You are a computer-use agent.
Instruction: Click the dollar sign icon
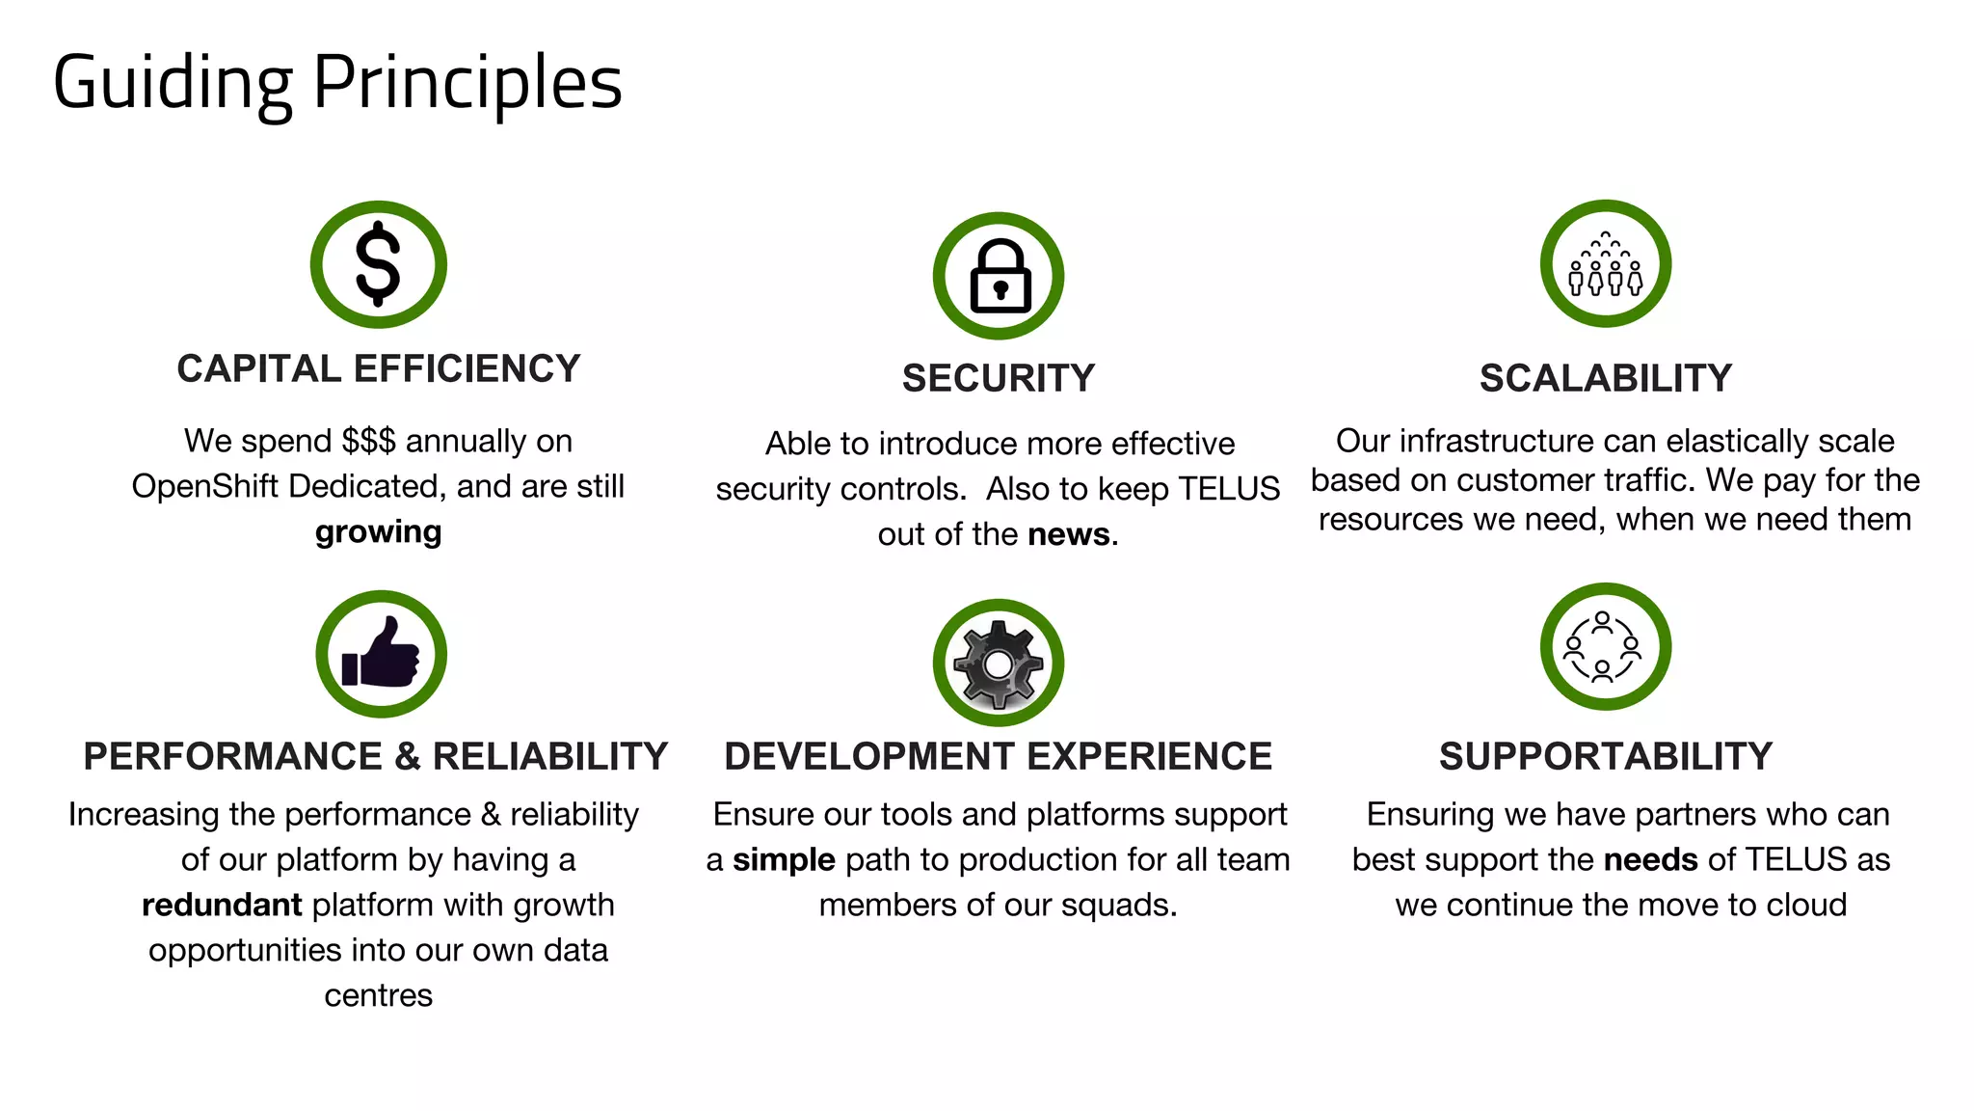point(378,264)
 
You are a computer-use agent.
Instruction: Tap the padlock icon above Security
point(999,277)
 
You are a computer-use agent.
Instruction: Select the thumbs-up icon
point(381,655)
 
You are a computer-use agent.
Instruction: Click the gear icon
point(999,664)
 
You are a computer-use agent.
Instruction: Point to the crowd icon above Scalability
point(1605,264)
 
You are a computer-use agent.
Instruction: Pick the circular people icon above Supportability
point(1605,646)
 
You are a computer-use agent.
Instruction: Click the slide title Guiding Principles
point(337,84)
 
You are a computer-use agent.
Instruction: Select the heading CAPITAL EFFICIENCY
point(379,369)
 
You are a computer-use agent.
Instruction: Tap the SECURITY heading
point(999,378)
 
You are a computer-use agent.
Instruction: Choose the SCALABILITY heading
point(1606,378)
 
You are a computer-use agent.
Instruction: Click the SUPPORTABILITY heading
point(1606,756)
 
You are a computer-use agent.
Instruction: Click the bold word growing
point(379,532)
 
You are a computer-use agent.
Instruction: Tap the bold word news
point(1069,534)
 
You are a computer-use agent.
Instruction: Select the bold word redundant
point(222,905)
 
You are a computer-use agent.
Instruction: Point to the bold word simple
point(784,859)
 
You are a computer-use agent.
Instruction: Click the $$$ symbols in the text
point(368,441)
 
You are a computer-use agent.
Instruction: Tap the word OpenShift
point(205,486)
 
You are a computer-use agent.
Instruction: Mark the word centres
point(379,995)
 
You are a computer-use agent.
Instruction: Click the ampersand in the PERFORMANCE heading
point(408,756)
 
